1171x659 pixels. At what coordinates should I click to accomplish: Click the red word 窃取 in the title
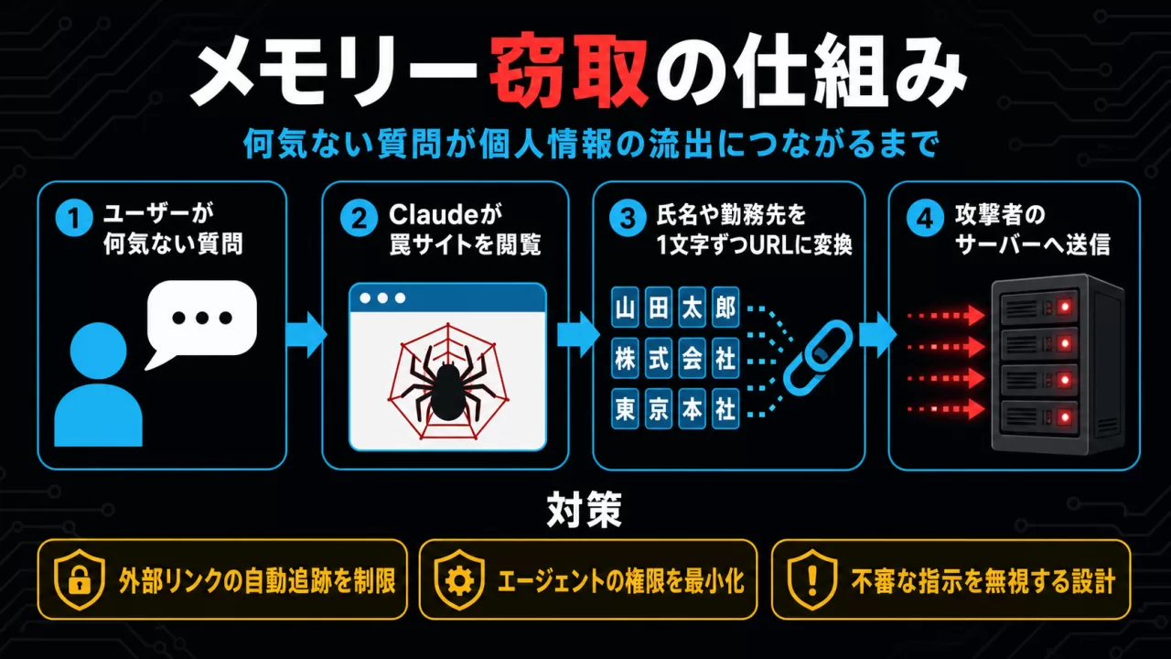pos(569,70)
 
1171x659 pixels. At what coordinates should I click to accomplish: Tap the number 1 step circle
pos(74,218)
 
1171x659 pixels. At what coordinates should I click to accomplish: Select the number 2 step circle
pos(359,218)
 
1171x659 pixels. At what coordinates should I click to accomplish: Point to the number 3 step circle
pos(628,218)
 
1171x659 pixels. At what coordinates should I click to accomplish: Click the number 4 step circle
pos(925,218)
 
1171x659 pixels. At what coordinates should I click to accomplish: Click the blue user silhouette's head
pos(98,351)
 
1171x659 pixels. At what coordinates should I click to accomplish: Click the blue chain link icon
pos(817,357)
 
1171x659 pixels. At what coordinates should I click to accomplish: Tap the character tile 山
pos(625,307)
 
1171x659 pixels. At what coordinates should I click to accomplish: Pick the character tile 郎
pos(725,307)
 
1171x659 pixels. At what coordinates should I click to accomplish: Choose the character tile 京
pos(658,408)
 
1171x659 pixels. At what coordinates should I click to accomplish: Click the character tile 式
pos(658,358)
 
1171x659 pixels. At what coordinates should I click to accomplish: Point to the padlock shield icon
pos(80,579)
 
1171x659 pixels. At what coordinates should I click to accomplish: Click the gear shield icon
pos(459,579)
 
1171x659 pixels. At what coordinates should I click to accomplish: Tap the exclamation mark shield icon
pos(811,579)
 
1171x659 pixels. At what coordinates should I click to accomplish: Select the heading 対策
pos(585,510)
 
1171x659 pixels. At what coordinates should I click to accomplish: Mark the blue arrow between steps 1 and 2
pos(306,335)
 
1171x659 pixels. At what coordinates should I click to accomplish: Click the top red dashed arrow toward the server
pos(946,316)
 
